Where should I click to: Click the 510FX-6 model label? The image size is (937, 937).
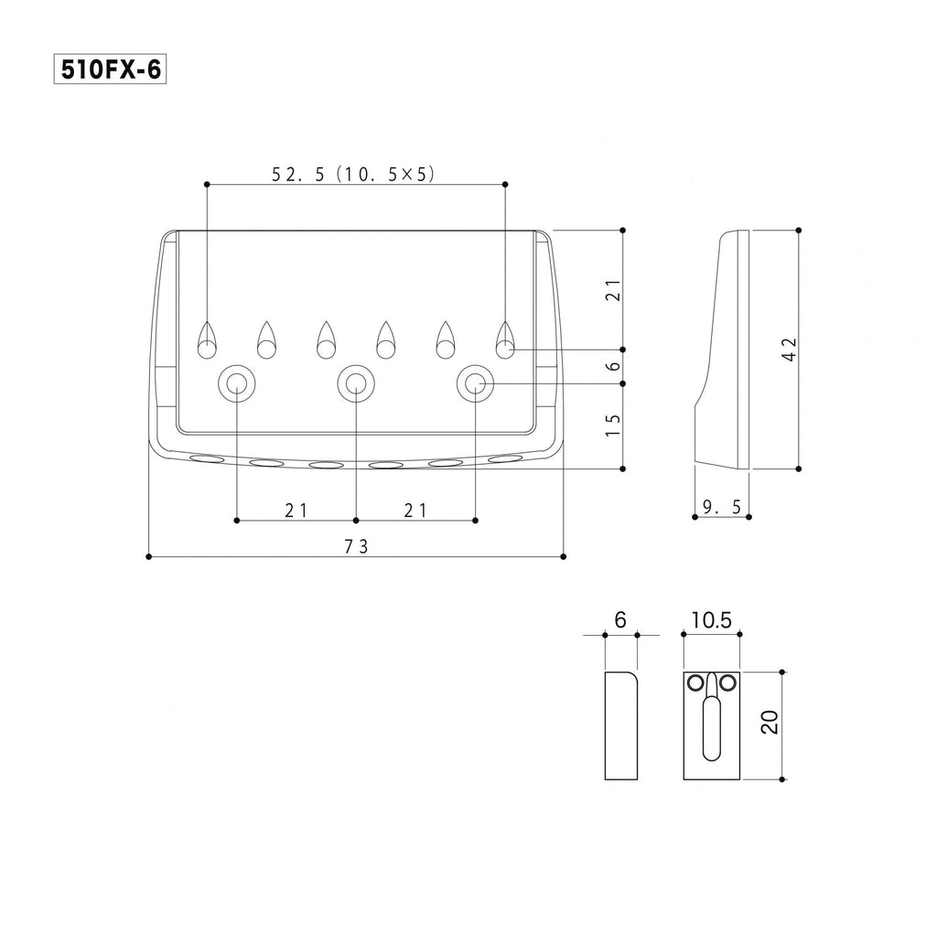(x=110, y=70)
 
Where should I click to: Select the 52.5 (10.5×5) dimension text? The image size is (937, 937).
(x=354, y=174)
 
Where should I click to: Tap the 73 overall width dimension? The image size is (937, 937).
(x=356, y=546)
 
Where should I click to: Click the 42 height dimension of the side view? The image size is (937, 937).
(x=790, y=349)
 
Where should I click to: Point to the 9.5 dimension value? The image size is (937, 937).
(x=722, y=507)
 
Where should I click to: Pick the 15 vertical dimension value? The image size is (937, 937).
(x=613, y=425)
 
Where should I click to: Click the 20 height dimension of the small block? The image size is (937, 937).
(x=770, y=722)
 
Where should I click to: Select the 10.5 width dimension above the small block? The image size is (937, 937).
(x=712, y=620)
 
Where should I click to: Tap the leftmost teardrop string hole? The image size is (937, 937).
(x=207, y=340)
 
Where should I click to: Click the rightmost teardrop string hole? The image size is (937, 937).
(x=505, y=340)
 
